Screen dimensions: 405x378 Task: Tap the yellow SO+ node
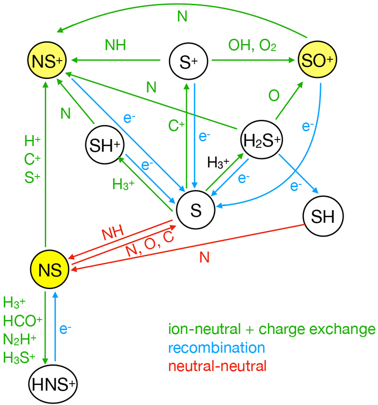(x=317, y=60)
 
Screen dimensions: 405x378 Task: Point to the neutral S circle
(x=196, y=210)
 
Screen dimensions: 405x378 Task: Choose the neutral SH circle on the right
(x=323, y=216)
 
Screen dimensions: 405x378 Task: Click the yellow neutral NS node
(x=50, y=270)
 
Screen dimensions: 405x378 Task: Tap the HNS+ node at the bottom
(x=53, y=384)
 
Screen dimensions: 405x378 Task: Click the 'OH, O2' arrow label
(x=252, y=46)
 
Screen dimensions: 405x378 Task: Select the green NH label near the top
(x=115, y=45)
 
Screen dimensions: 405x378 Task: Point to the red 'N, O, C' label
(x=150, y=245)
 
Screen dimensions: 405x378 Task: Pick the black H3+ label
(x=218, y=163)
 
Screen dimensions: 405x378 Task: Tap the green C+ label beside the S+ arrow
(x=176, y=126)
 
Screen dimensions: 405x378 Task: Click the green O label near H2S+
(x=274, y=95)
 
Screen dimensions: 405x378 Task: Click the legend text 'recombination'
(x=216, y=348)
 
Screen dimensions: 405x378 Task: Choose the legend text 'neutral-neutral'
(x=217, y=366)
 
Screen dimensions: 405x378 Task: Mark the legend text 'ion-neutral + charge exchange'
(x=272, y=329)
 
